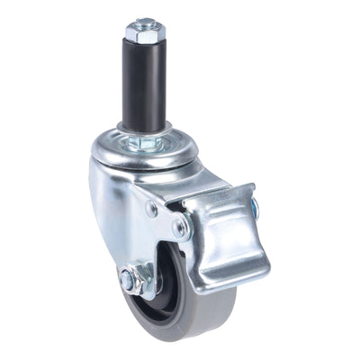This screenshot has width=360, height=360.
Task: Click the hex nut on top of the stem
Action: [145, 32]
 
